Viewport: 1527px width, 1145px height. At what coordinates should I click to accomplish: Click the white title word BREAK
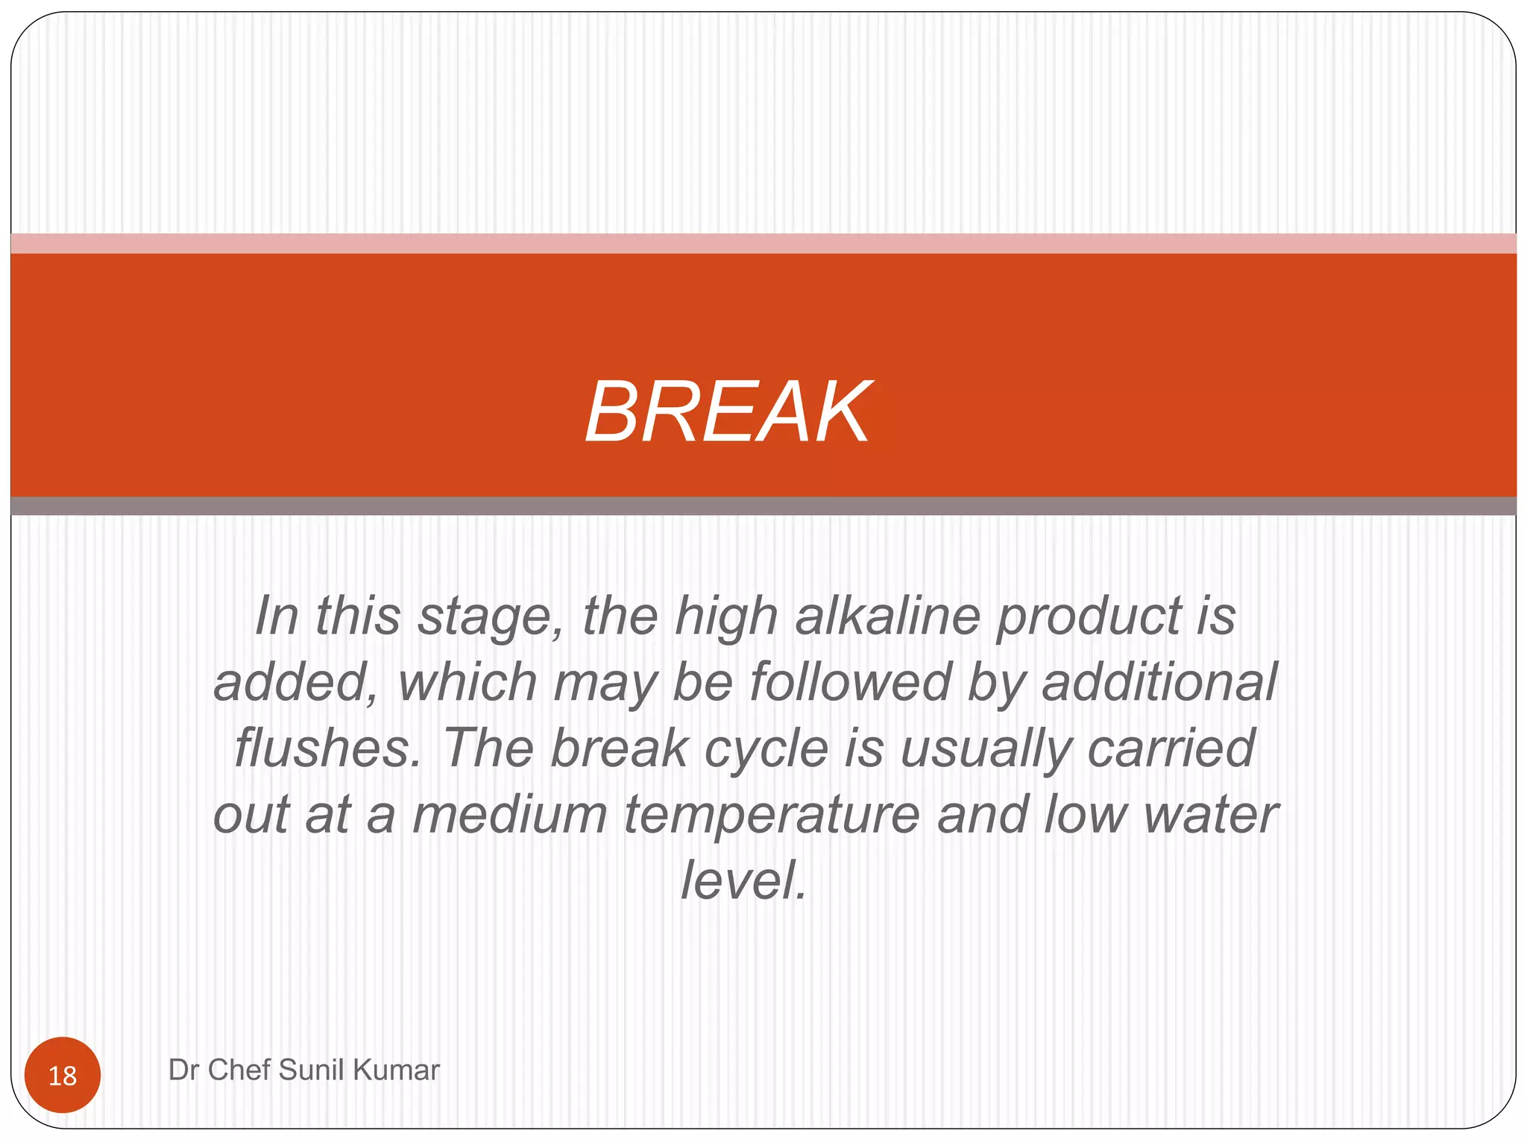pyautogui.click(x=728, y=412)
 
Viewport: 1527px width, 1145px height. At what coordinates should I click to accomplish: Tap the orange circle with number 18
pyautogui.click(x=63, y=1075)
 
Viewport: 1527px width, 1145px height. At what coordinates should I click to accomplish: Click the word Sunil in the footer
pyautogui.click(x=312, y=1070)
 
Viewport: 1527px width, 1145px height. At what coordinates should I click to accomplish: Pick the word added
pyautogui.click(x=295, y=682)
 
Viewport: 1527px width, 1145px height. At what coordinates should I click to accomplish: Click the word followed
pyautogui.click(x=850, y=682)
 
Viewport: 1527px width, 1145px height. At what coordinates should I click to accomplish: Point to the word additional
pyautogui.click(x=1159, y=682)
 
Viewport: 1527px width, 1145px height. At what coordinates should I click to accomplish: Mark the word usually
pyautogui.click(x=986, y=750)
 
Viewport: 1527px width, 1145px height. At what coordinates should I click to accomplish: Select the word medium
pyautogui.click(x=510, y=814)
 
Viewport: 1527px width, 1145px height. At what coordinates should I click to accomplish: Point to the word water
pyautogui.click(x=1211, y=814)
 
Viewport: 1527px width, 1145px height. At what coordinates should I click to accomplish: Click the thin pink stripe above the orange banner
pyautogui.click(x=763, y=244)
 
